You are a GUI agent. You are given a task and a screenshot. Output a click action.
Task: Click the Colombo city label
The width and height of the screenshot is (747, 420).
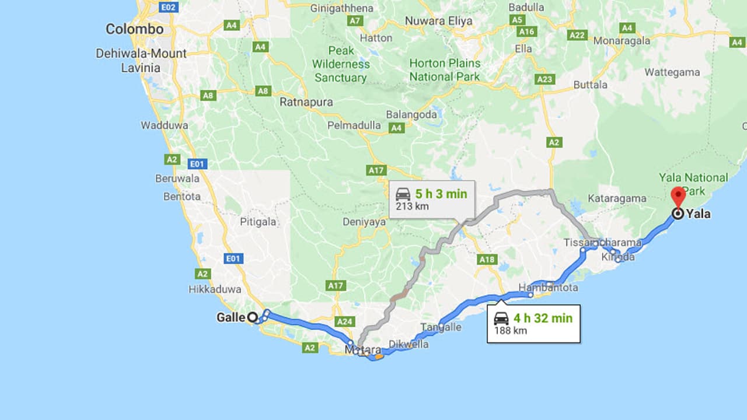134,29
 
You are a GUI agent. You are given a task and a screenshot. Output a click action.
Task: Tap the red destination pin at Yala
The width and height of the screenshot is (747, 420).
678,197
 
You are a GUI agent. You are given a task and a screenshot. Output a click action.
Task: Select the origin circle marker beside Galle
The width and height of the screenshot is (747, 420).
252,317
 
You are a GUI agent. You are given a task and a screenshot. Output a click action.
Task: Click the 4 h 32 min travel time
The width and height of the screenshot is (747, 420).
543,318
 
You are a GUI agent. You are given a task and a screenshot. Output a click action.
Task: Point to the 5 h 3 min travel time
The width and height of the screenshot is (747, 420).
441,194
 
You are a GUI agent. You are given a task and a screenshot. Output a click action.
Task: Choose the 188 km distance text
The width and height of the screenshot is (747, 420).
511,331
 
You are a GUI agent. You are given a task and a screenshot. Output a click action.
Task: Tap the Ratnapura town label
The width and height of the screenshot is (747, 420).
306,102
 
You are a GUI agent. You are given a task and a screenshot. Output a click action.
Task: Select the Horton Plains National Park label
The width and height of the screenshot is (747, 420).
445,69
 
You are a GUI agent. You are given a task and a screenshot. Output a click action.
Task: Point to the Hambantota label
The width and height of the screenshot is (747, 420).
549,288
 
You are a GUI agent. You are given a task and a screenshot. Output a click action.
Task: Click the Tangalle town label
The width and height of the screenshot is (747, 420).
441,327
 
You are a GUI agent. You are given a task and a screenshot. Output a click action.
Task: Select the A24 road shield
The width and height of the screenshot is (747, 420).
345,321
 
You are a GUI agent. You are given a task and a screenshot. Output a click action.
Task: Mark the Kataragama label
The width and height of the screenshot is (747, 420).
617,198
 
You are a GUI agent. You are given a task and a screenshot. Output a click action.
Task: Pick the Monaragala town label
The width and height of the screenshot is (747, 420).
622,41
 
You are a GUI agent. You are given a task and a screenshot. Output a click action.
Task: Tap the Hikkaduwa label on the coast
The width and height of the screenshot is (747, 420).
215,289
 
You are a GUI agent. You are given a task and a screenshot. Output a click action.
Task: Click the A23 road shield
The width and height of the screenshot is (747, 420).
544,79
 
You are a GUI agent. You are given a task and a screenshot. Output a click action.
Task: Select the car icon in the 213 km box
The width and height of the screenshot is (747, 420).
403,194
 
